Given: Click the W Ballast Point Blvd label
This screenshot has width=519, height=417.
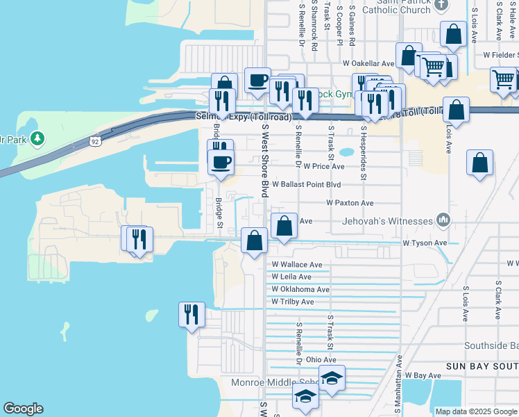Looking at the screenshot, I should coord(306,185).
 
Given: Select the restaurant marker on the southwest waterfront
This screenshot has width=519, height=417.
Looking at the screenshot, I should coord(191,314).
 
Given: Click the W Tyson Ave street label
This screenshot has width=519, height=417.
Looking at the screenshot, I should coord(425,243).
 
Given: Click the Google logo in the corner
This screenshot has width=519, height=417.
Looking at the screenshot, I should coord(23,409).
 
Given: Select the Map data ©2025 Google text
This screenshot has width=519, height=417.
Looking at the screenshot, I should coord(475,411).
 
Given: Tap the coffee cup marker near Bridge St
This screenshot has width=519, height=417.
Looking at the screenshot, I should coord(221,163).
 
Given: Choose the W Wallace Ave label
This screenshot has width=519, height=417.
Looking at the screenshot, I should coord(296,265).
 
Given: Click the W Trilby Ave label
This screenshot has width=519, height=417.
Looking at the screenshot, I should coord(292,302).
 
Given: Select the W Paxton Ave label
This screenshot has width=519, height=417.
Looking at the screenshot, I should coord(350,203).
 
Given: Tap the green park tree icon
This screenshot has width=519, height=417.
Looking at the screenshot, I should coord(37,139).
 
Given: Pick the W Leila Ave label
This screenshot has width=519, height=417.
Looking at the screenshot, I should coord(291,277).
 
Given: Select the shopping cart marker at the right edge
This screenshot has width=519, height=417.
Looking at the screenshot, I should coord(503,79).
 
